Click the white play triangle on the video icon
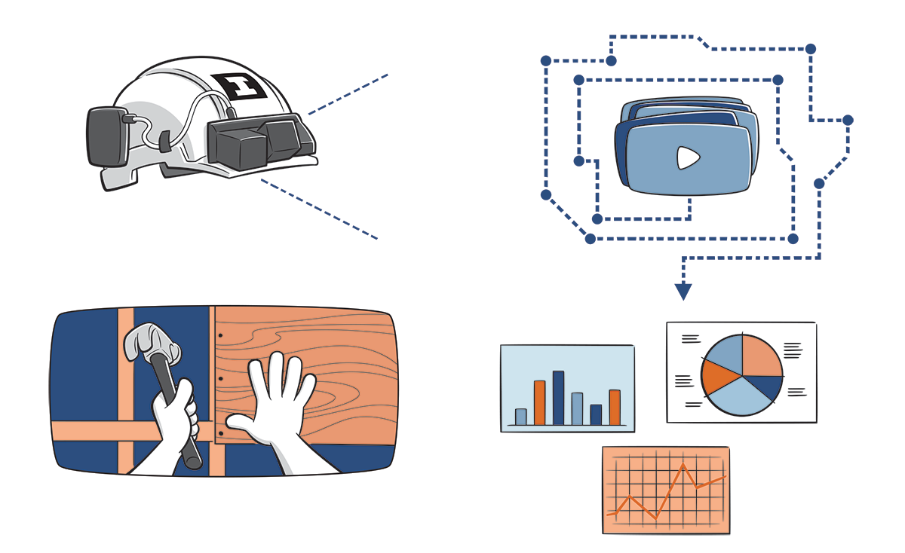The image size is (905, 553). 687,157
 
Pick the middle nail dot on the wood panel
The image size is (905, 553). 219,379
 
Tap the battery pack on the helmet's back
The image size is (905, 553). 107,136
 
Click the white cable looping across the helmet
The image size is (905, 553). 189,113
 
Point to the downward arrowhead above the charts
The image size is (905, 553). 683,291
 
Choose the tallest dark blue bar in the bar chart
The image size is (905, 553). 558,397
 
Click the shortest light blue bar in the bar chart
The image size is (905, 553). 520,417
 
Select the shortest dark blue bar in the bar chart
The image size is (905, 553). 596,414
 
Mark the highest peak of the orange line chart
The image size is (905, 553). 683,465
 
